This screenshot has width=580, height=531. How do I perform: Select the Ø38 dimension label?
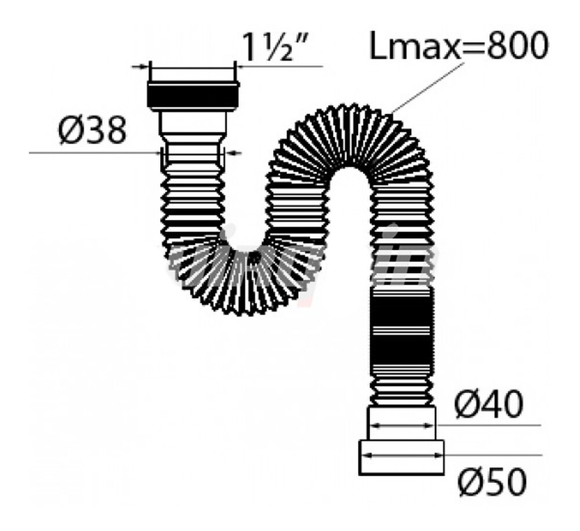[x=92, y=131]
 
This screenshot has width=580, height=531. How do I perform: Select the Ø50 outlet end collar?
[x=401, y=457]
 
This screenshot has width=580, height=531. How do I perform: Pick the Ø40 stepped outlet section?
[x=401, y=423]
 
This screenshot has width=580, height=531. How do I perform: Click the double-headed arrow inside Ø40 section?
[x=401, y=425]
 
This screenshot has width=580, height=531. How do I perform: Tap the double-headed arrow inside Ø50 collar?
[x=401, y=456]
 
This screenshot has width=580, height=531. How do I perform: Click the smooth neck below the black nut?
[x=193, y=125]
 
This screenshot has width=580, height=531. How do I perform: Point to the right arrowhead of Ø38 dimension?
[x=232, y=152]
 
